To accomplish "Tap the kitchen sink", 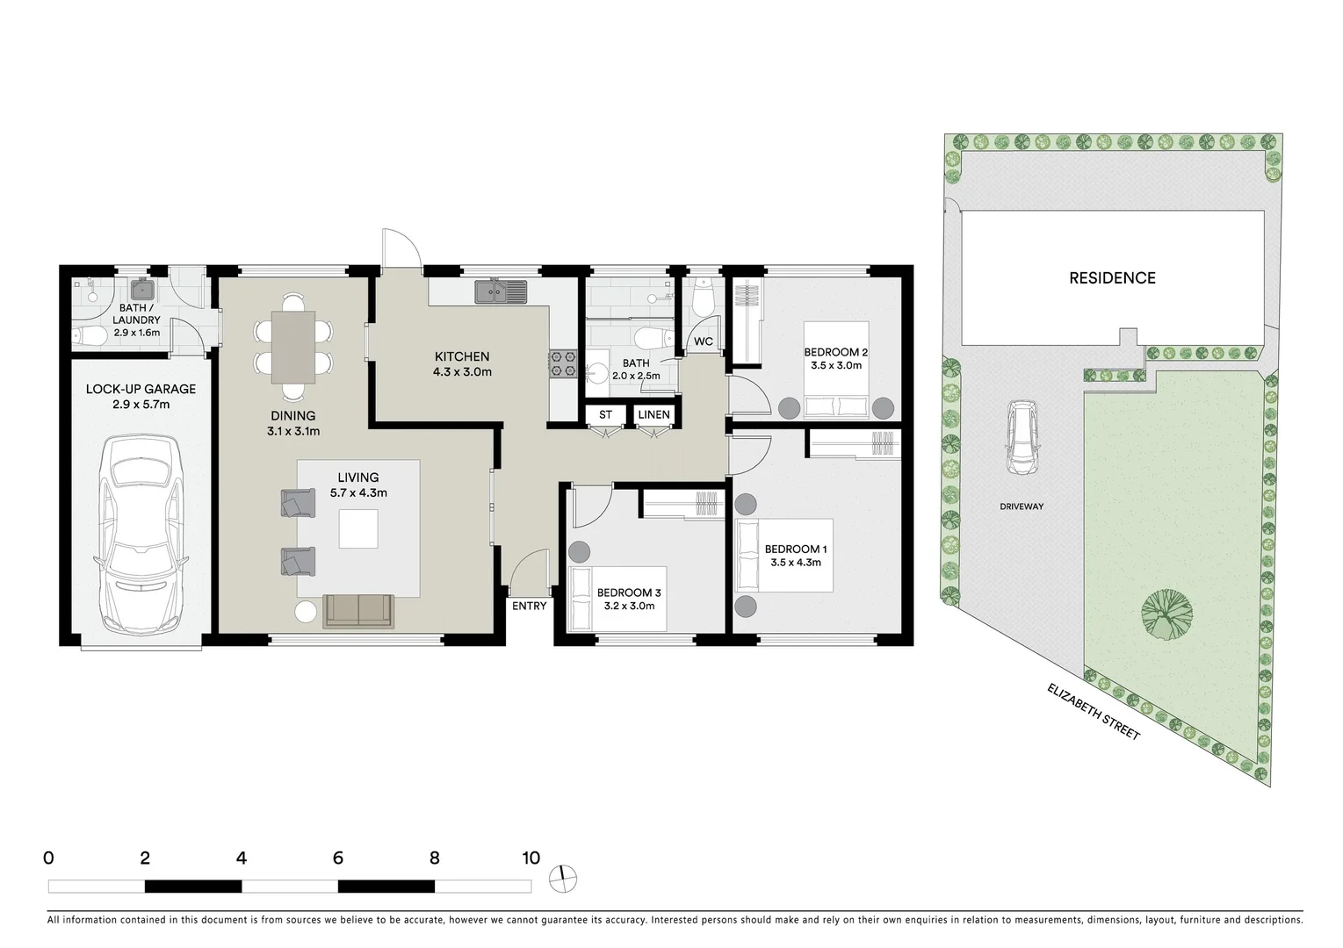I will (501, 291).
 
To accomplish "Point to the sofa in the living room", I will (358, 611).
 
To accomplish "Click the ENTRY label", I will (530, 606).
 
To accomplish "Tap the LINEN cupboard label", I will (653, 414).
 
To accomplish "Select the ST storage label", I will (605, 414).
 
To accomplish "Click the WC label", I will (704, 341).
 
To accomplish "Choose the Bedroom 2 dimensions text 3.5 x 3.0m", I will (835, 366).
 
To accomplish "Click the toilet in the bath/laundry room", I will (88, 334).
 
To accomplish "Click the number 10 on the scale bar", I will (530, 858).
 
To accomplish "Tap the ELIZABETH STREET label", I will (1093, 711).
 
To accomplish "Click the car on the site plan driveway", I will (1021, 438).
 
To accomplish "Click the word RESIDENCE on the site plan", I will (1112, 278).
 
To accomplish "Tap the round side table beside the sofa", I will (306, 612).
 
